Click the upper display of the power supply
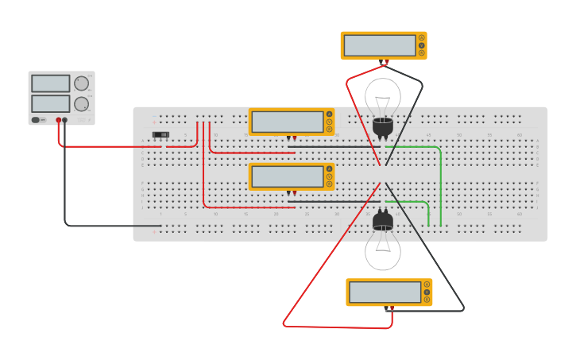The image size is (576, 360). pyautogui.click(x=51, y=83)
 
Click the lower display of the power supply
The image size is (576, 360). pyautogui.click(x=51, y=103)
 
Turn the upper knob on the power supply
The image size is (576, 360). pyautogui.click(x=82, y=83)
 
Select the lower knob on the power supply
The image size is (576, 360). pyautogui.click(x=82, y=103)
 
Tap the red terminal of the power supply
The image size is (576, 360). pyautogui.click(x=58, y=120)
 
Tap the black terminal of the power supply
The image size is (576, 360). pyautogui.click(x=65, y=120)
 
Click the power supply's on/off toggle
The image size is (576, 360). pyautogui.click(x=37, y=120)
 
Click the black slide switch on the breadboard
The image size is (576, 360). pyautogui.click(x=160, y=134)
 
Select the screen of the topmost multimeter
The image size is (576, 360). pyautogui.click(x=380, y=45)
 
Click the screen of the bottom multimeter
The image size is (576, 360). pyautogui.click(x=385, y=292)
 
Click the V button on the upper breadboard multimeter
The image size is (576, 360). pyautogui.click(x=329, y=122)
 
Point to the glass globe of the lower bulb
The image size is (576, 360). pyautogui.click(x=383, y=250)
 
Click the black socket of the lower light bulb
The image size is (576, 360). pyautogui.click(x=383, y=219)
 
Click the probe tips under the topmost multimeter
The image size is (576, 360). pyautogui.click(x=384, y=62)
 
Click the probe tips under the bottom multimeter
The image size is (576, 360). pyautogui.click(x=389, y=308)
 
